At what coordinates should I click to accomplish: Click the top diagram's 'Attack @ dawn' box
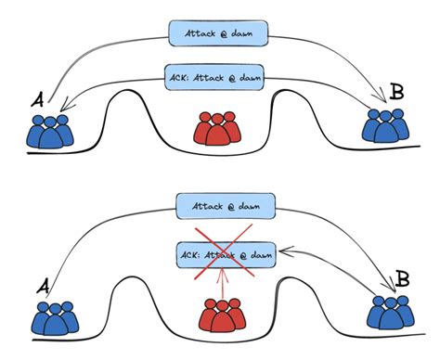pos(219,34)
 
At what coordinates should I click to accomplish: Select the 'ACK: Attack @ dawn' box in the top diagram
pos(219,75)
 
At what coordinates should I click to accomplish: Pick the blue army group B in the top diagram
pos(384,125)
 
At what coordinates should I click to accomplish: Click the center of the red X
pos(221,252)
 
